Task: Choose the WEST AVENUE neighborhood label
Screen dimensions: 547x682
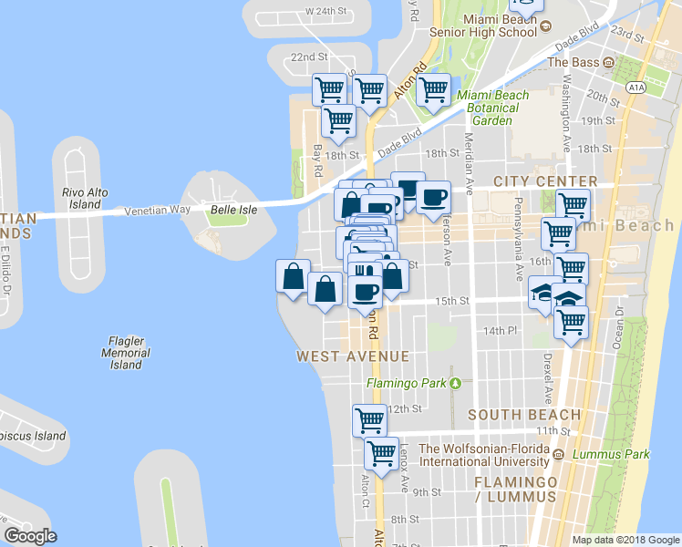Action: pyautogui.click(x=352, y=356)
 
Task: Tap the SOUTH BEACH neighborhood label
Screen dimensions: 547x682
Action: pyautogui.click(x=511, y=416)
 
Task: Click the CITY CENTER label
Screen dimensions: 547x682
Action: pyautogui.click(x=545, y=182)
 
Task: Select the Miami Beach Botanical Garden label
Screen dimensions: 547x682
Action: pyautogui.click(x=492, y=108)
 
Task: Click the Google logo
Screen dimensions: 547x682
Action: pyautogui.click(x=30, y=536)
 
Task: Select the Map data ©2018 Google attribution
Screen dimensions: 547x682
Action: pyautogui.click(x=625, y=540)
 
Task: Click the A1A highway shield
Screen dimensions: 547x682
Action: pyautogui.click(x=635, y=87)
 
